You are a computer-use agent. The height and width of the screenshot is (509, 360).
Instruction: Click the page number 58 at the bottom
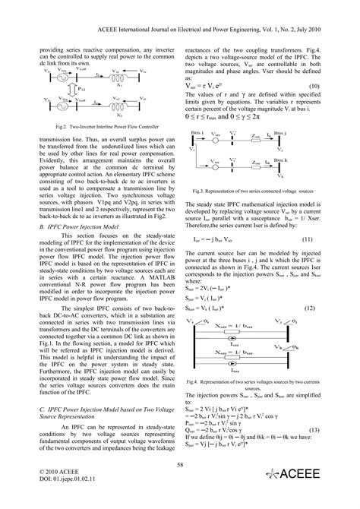180,464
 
